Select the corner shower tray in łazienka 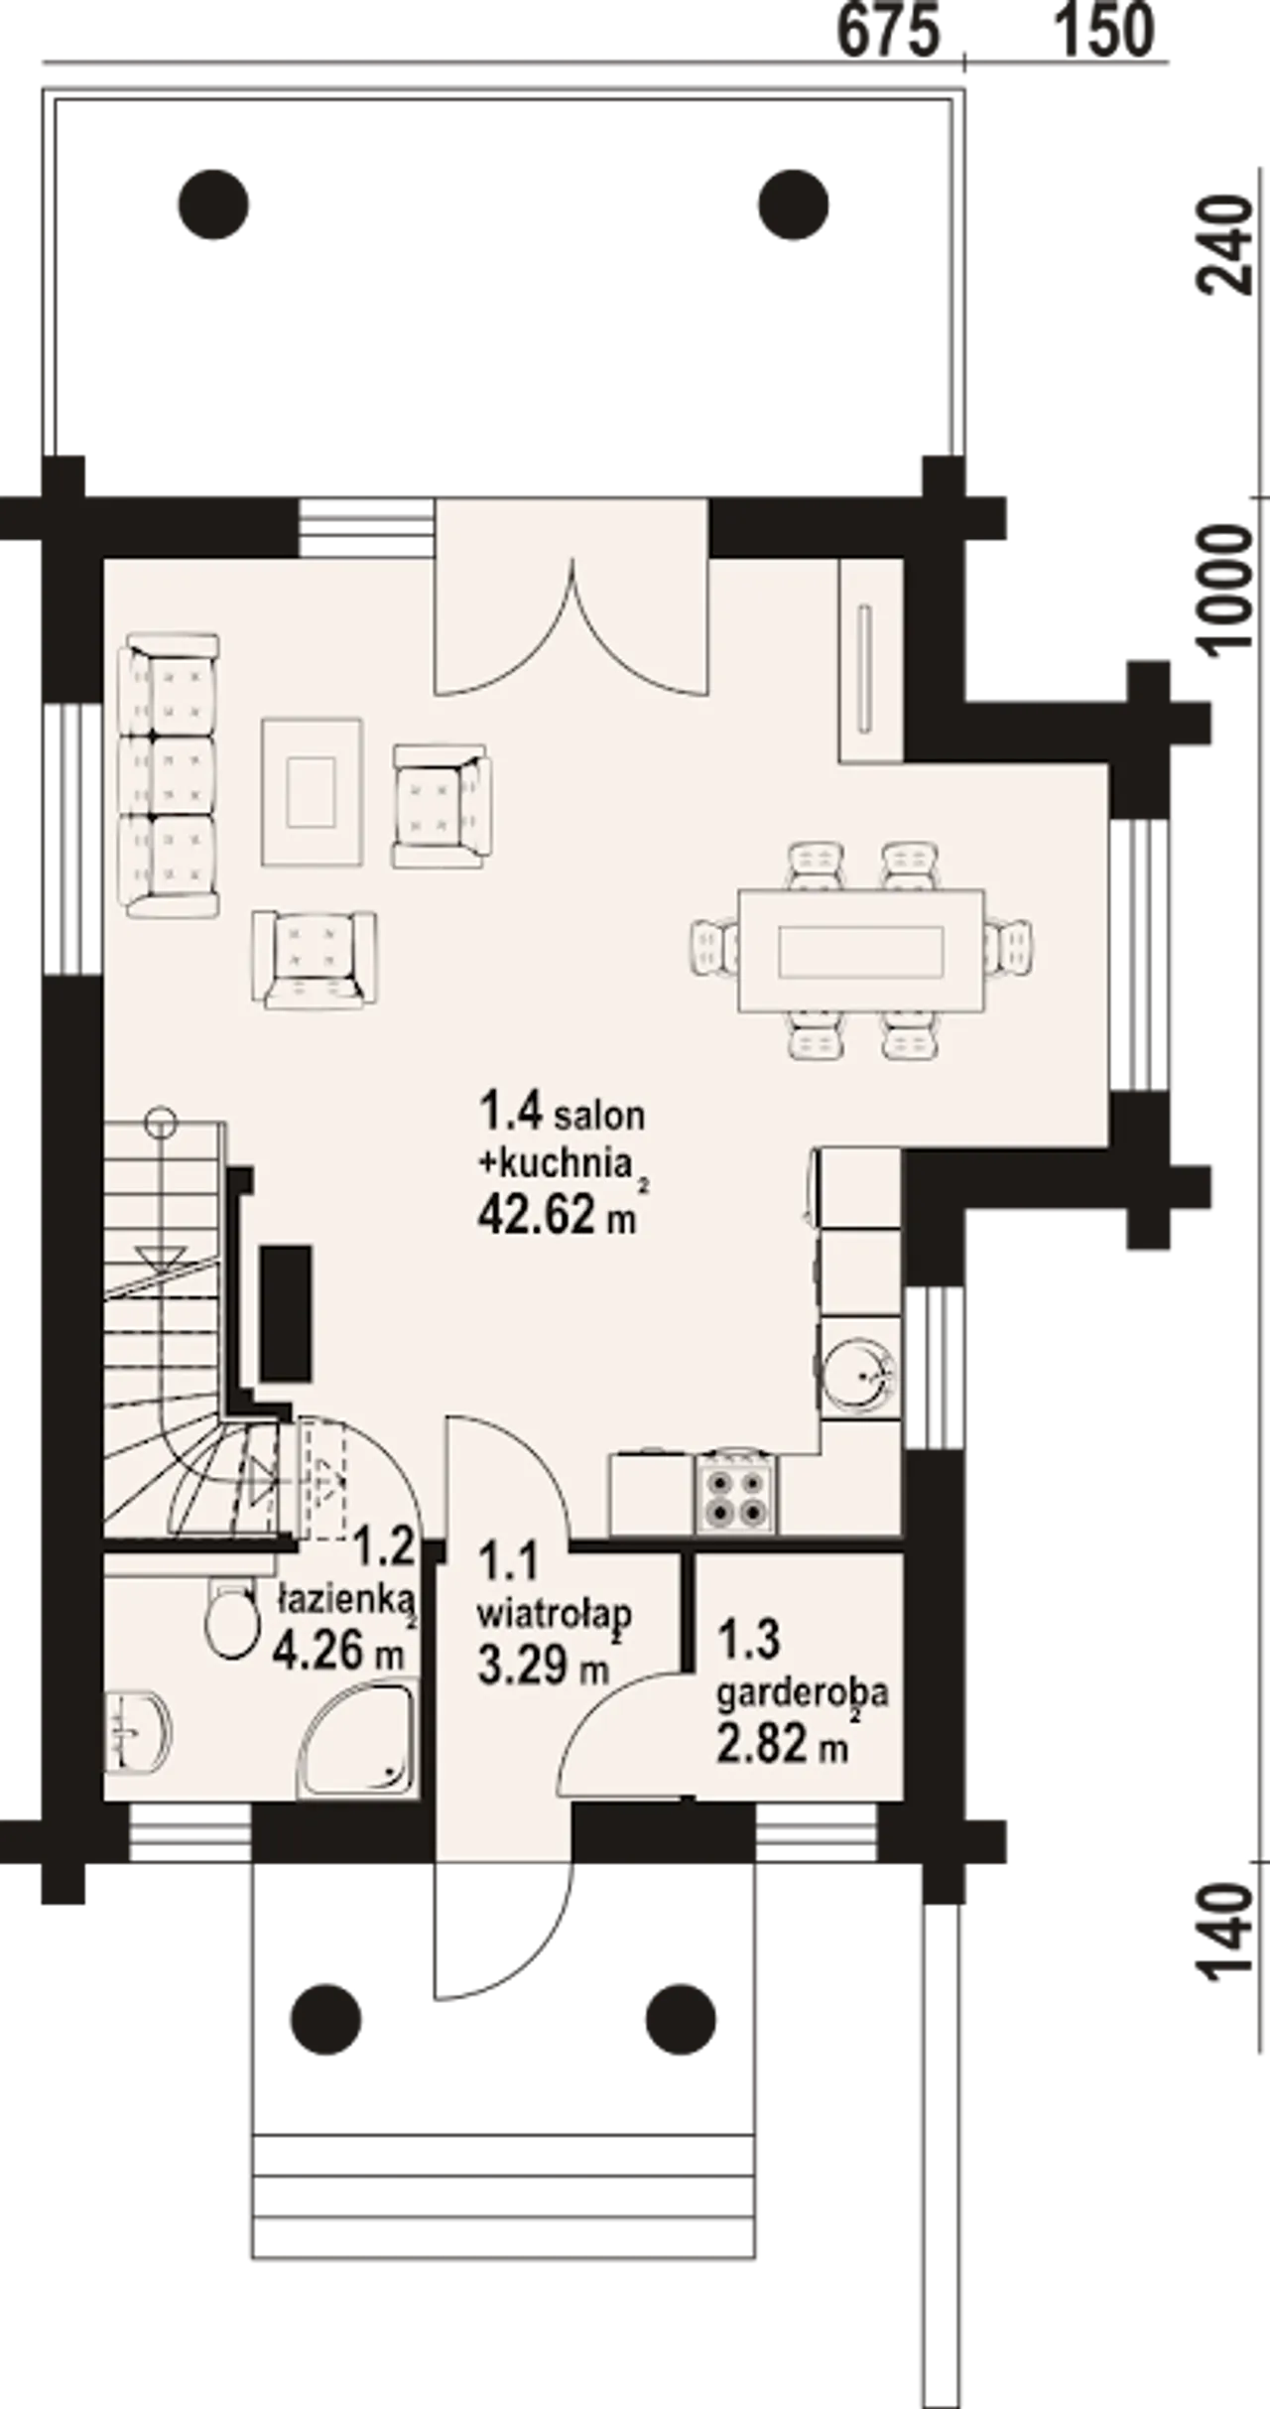coord(356,1739)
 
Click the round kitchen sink coord(858,1376)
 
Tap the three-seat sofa coord(168,775)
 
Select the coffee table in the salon coord(312,792)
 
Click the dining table coord(860,951)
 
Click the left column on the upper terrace coord(213,204)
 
